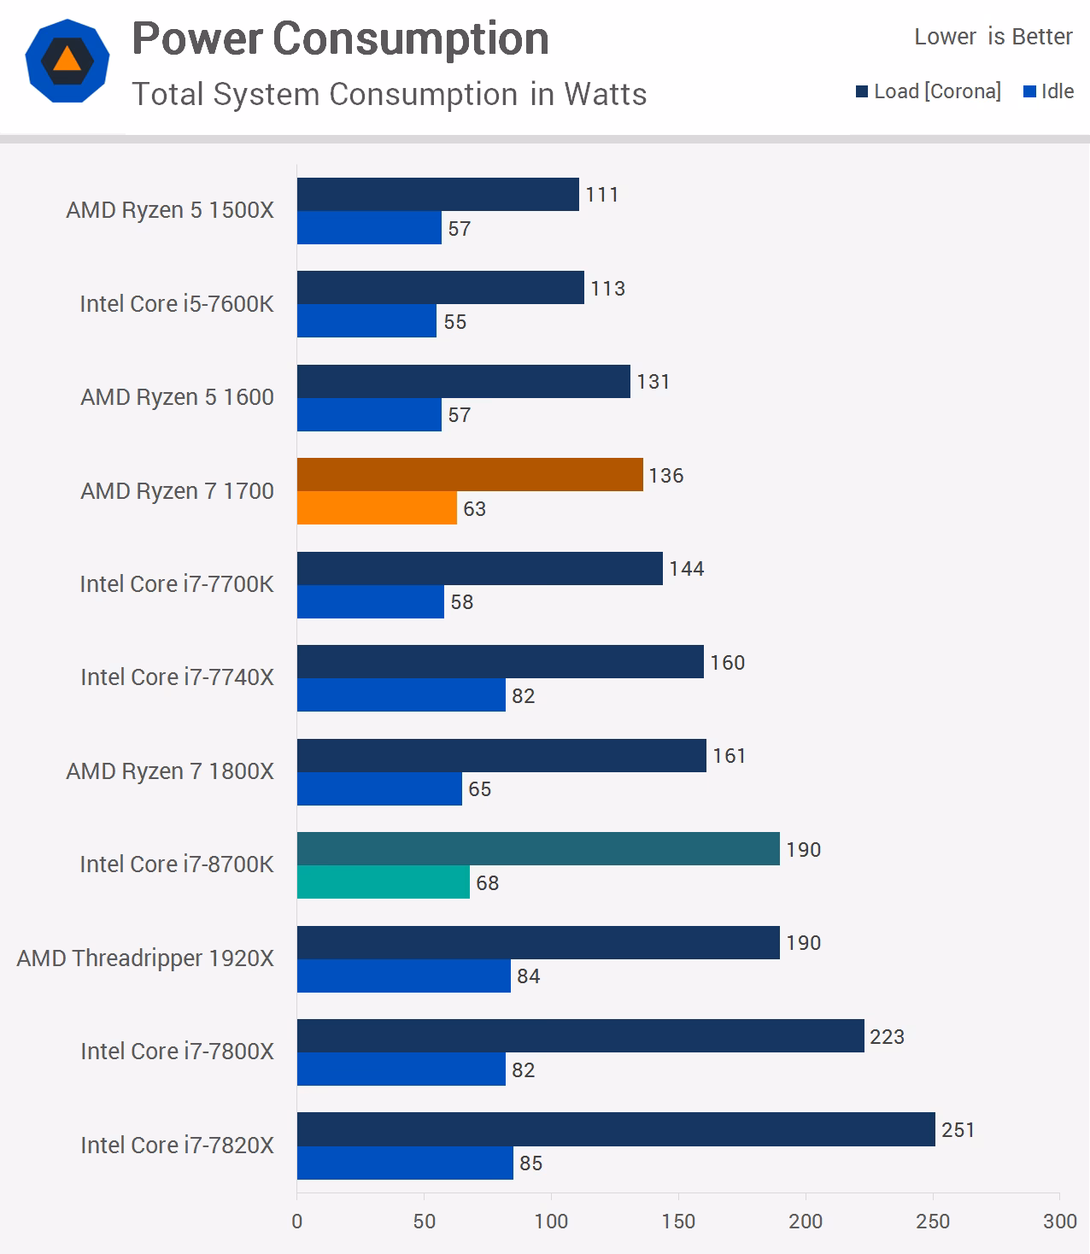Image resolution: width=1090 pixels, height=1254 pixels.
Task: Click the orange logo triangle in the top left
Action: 67,60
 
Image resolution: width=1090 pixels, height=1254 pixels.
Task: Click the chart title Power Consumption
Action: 340,39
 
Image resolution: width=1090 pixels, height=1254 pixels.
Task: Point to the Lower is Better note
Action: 993,37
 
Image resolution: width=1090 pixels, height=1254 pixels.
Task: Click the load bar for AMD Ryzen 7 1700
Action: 470,475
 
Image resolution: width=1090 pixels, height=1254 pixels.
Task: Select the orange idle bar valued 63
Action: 377,508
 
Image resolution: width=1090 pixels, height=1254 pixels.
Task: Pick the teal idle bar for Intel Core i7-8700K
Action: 384,882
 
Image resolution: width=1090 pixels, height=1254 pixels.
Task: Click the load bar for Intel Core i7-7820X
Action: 616,1129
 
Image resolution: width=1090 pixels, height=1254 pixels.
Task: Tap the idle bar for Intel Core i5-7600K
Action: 366,321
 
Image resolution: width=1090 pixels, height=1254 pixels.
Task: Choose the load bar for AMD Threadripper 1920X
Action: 538,943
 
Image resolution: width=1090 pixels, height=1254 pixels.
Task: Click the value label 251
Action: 958,1130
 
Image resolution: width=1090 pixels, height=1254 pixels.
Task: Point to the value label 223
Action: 887,1037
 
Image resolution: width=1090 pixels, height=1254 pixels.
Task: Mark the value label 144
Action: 687,569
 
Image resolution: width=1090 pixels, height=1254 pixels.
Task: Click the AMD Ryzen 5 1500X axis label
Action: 170,210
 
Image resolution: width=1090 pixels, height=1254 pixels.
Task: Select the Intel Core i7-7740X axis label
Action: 177,677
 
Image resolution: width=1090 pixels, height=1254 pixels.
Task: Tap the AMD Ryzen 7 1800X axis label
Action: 170,771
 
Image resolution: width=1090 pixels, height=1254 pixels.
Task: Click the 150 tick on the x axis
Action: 678,1222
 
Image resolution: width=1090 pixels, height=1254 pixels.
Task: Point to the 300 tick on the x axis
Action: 1059,1222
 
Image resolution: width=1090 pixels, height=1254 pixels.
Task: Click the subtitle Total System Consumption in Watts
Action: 389,94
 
